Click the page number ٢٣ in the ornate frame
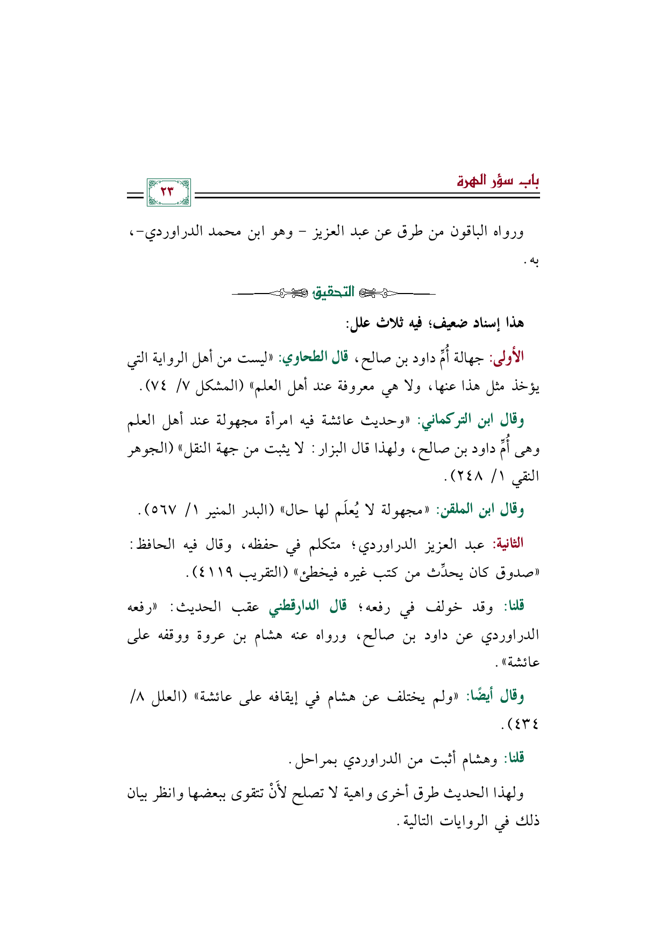(168, 192)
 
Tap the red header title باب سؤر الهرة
(498, 181)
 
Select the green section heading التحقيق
(334, 293)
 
